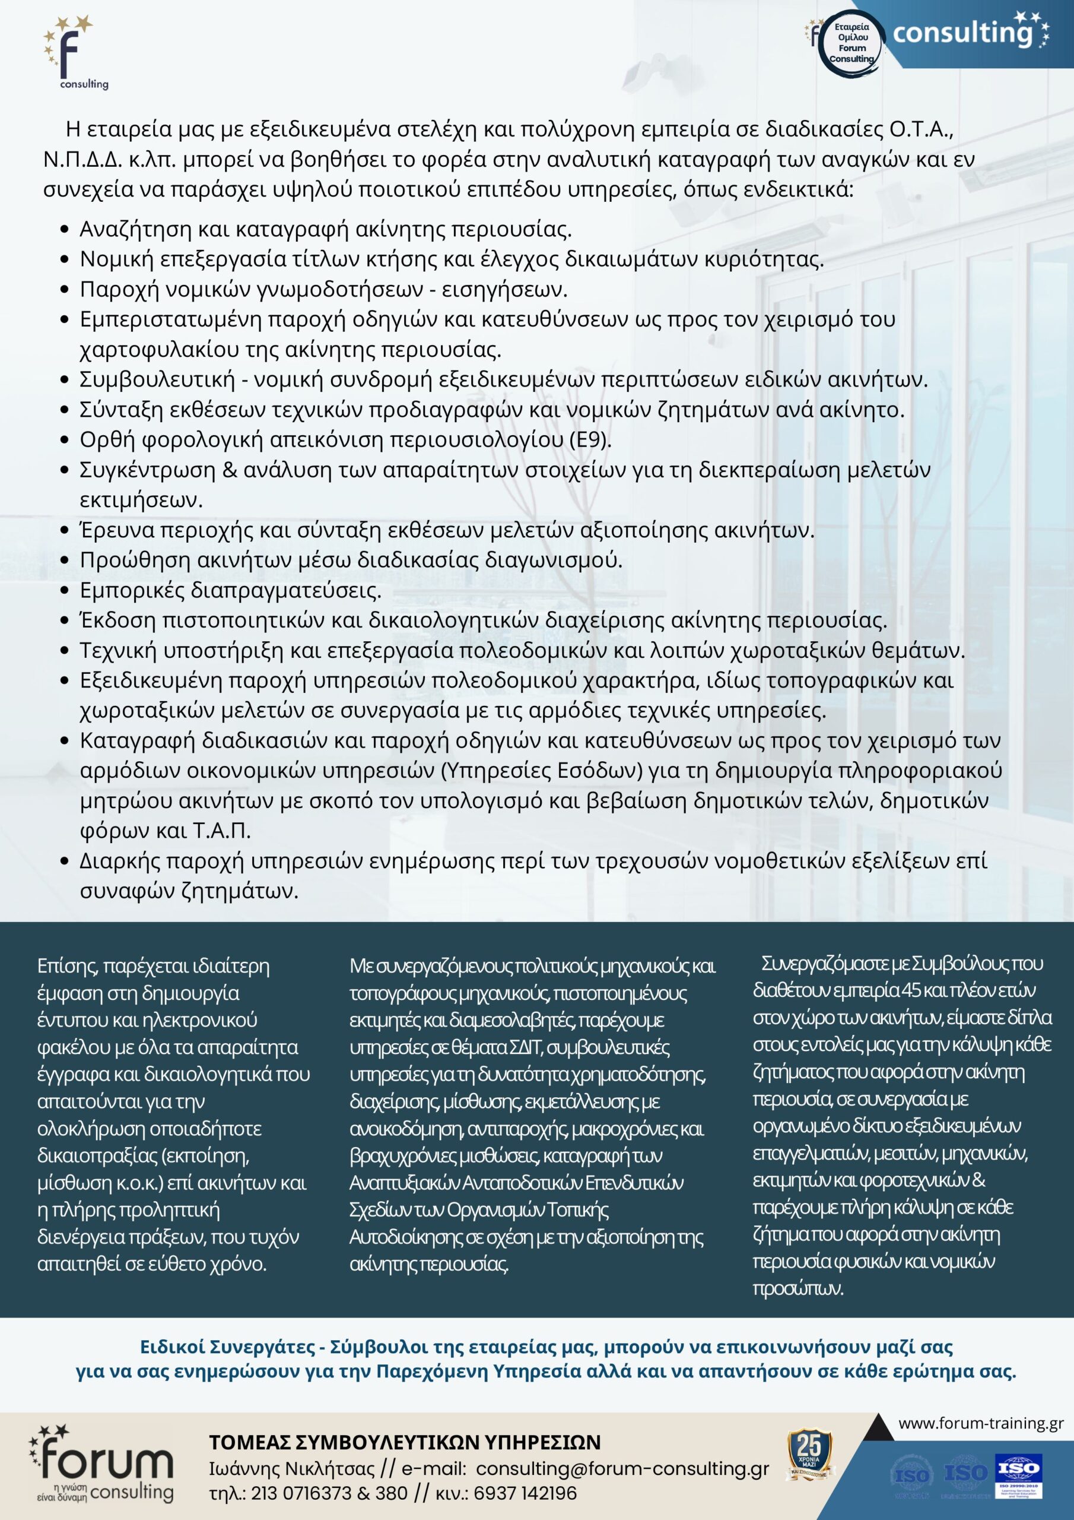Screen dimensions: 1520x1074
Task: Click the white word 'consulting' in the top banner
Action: click(962, 33)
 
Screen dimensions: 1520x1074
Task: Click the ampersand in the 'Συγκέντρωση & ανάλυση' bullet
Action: click(230, 470)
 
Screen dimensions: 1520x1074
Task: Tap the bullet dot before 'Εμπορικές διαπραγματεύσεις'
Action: click(64, 591)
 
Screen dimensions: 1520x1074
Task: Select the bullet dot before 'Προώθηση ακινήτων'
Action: click(64, 560)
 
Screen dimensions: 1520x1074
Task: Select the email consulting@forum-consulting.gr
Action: click(622, 1468)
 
